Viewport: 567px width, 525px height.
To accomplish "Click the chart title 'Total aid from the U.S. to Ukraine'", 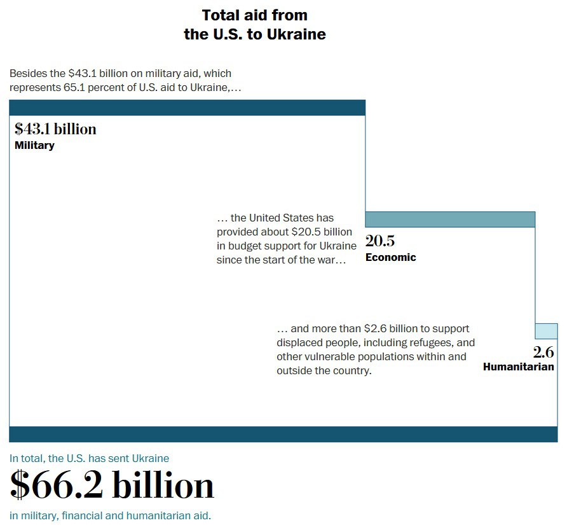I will click(255, 25).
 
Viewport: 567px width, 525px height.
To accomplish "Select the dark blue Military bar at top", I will click(187, 108).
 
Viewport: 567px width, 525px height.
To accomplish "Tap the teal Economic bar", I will click(450, 220).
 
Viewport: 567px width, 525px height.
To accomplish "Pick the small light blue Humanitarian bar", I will click(546, 331).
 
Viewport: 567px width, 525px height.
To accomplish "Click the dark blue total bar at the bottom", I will click(283, 434).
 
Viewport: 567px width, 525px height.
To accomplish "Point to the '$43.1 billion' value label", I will click(56, 129).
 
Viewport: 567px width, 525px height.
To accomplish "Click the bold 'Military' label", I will click(34, 145).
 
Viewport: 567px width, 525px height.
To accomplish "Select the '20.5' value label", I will click(380, 241).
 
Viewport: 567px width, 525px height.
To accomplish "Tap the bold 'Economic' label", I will click(390, 257).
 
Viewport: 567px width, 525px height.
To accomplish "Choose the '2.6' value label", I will click(543, 353).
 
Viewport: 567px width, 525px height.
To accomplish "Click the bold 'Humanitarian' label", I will click(518, 367).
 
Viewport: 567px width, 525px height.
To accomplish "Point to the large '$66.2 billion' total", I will click(113, 486).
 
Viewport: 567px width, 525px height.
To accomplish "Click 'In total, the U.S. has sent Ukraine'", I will click(89, 458).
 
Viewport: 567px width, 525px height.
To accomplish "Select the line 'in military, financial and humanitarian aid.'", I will click(110, 515).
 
